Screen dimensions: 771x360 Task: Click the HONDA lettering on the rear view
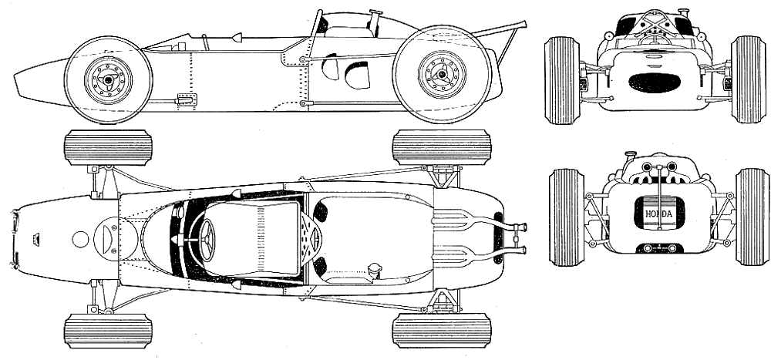[659, 214]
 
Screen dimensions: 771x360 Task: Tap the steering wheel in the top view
[207, 240]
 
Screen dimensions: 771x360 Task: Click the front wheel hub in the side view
[108, 80]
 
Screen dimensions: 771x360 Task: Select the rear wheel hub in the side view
[442, 74]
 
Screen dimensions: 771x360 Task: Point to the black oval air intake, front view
[655, 82]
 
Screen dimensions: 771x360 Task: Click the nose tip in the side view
[15, 79]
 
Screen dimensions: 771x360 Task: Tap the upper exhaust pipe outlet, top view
[520, 227]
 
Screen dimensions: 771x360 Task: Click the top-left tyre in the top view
[108, 147]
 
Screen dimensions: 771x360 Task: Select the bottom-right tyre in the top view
[442, 331]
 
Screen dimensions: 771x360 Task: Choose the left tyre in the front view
[563, 80]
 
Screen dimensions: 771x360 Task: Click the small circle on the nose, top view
[80, 240]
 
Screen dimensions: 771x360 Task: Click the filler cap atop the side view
[376, 12]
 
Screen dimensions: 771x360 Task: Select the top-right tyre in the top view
[442, 147]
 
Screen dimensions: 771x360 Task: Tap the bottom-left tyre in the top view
[108, 331]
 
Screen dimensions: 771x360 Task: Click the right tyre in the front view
[749, 79]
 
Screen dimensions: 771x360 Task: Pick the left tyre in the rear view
[567, 217]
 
